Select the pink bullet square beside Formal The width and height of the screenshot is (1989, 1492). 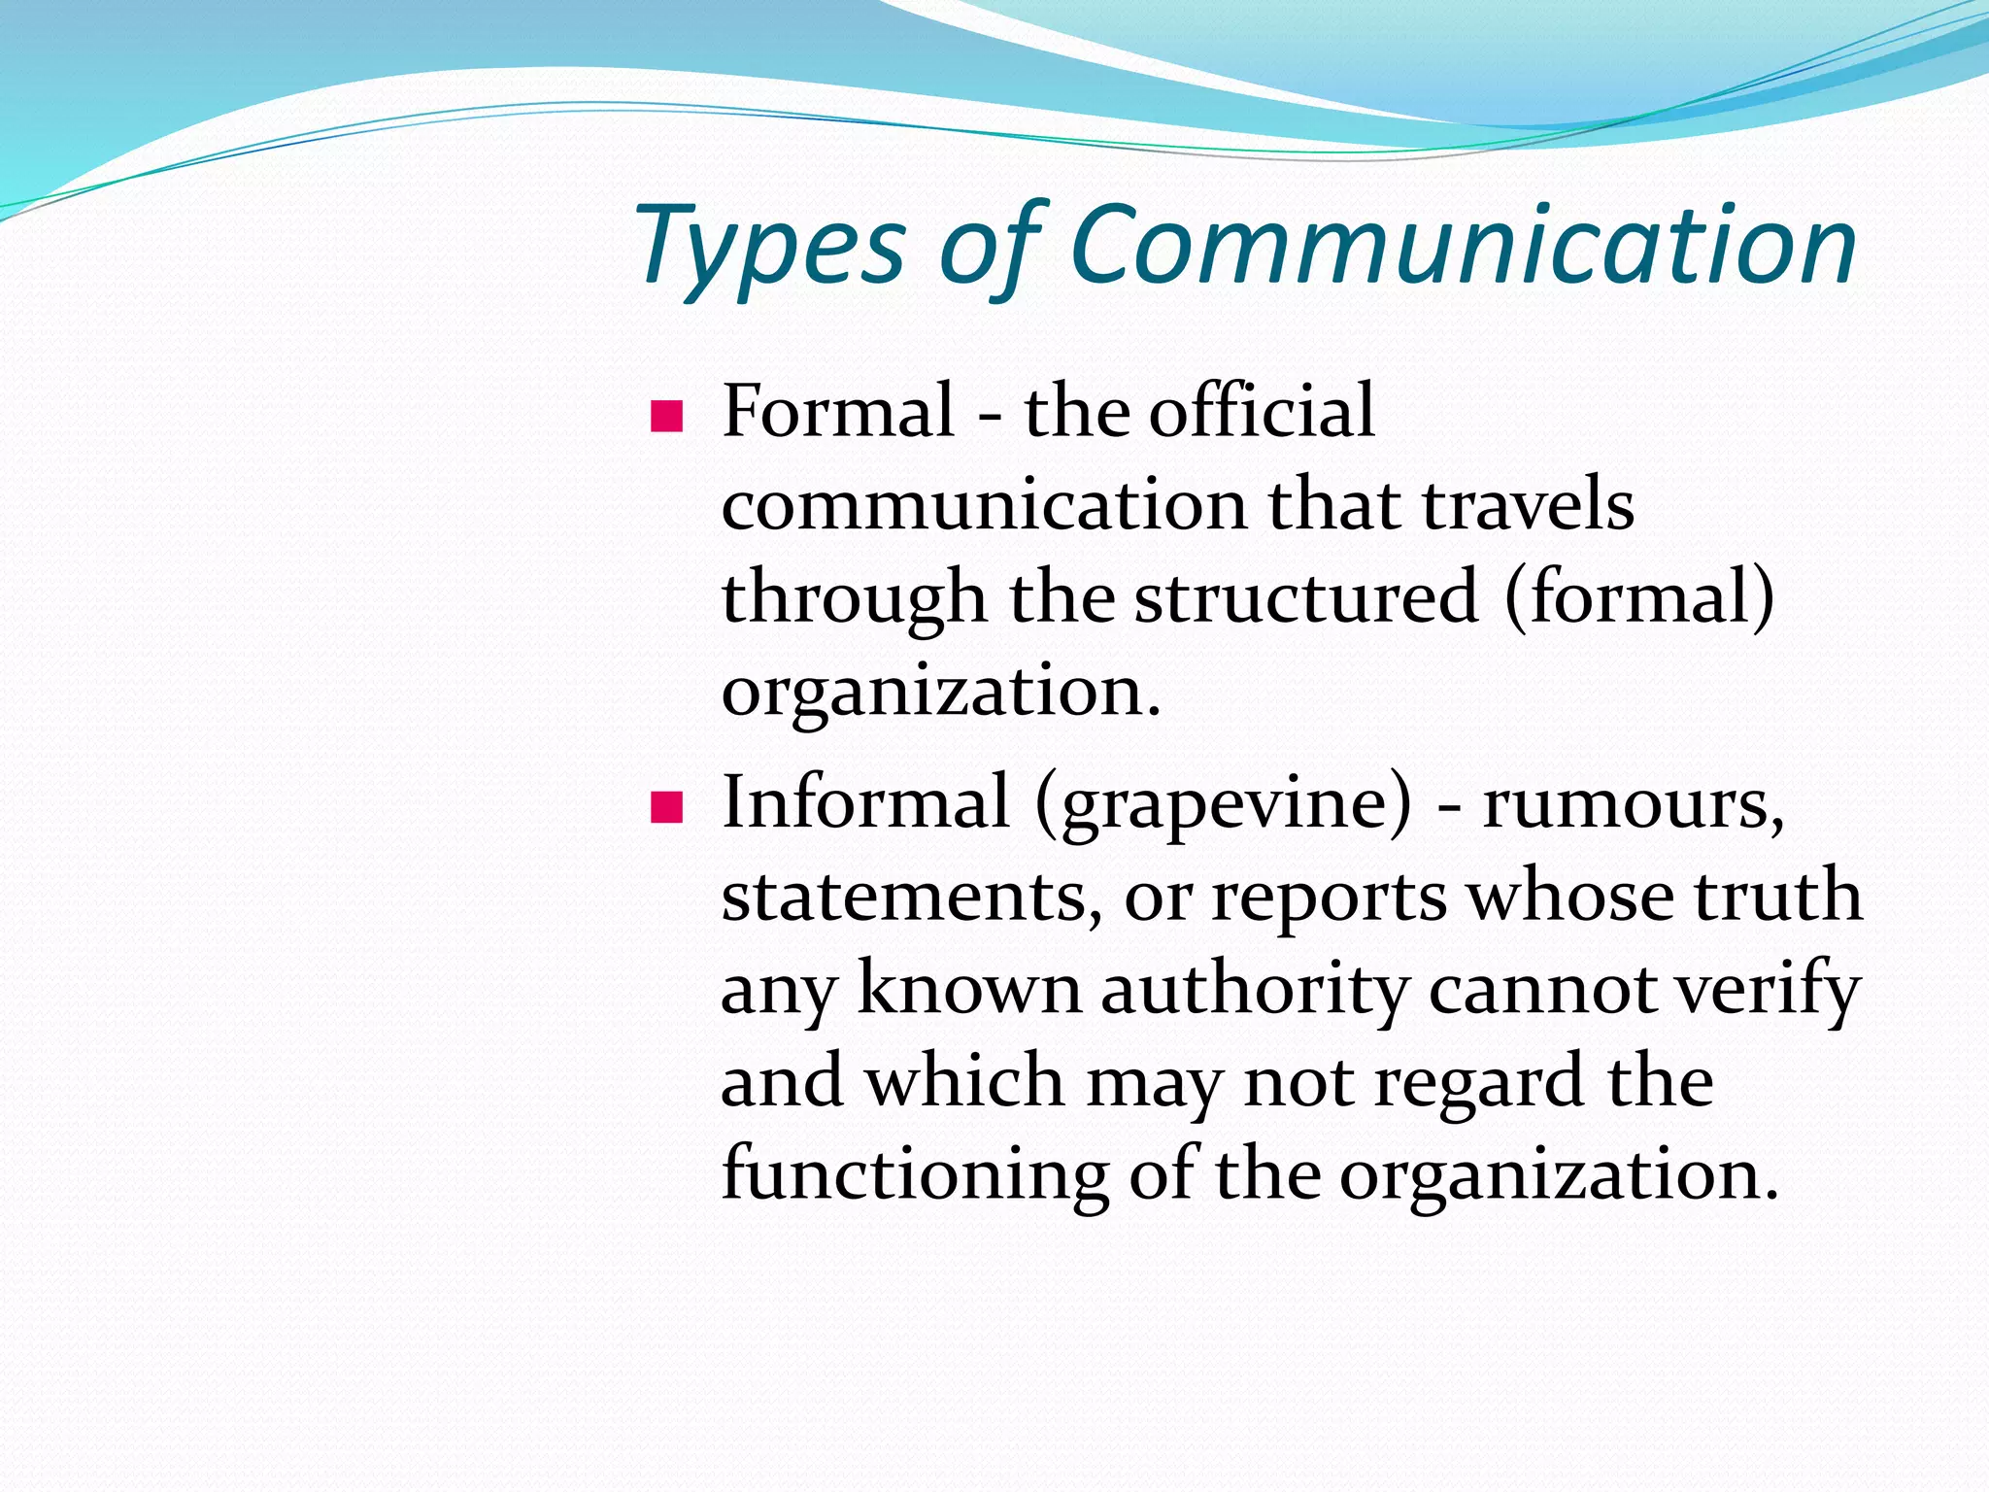[x=667, y=417]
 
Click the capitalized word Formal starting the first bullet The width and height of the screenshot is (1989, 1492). [x=838, y=412]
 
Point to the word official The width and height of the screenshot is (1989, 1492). [x=1262, y=412]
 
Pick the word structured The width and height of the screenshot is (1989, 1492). [x=1306, y=598]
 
